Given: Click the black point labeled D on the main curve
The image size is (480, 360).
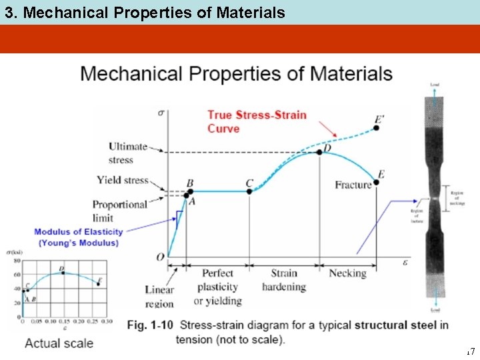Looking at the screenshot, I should (319, 152).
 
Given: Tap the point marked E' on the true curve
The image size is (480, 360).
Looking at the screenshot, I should (377, 127).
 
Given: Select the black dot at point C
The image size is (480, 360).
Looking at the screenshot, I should (249, 191).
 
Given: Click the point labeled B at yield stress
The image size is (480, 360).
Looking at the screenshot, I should (187, 191).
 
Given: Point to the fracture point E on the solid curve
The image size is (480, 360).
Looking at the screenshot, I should (377, 181).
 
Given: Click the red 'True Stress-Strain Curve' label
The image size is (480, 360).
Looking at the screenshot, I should (257, 121).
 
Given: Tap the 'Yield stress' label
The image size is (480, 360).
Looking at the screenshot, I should (122, 180).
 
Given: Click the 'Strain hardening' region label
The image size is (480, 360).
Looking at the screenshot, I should (284, 280).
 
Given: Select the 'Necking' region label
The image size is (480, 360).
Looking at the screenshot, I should (347, 273).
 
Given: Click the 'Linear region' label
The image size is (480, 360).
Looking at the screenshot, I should (159, 296).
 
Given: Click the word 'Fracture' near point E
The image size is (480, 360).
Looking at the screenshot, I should (353, 185).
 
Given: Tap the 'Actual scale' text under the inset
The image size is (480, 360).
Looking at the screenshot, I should (59, 343).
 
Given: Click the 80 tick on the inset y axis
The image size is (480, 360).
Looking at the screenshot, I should (17, 261).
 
